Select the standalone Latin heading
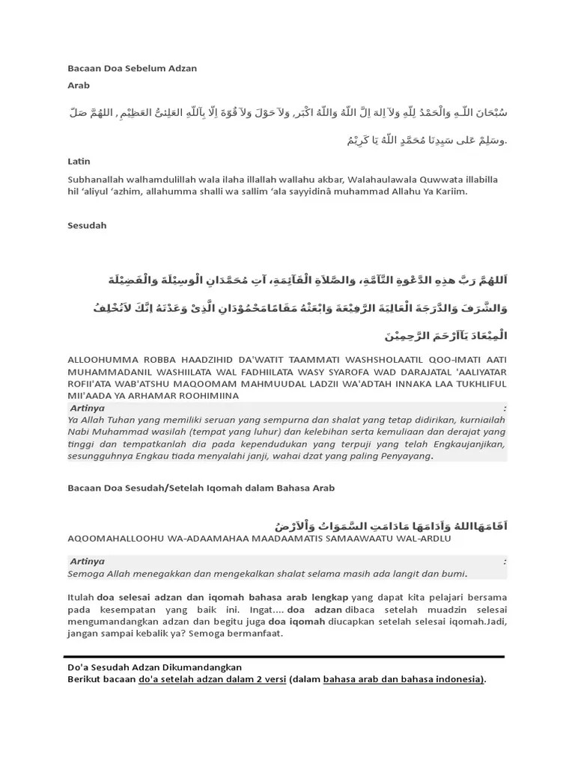click(79, 161)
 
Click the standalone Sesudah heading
click(87, 225)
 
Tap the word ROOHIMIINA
click(221, 395)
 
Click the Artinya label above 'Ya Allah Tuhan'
click(87, 408)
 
